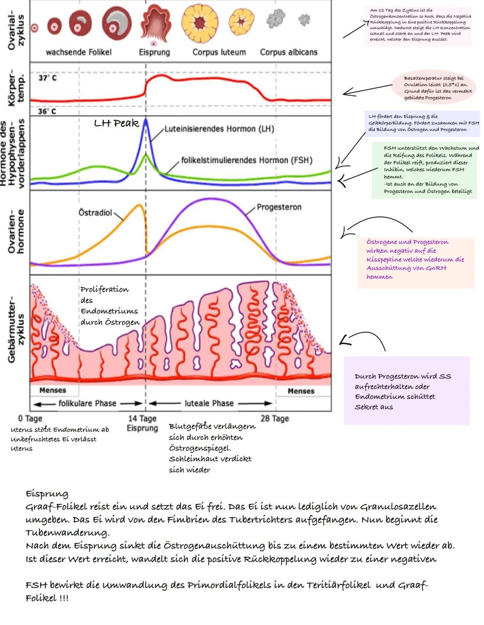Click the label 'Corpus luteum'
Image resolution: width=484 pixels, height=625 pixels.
point(219,52)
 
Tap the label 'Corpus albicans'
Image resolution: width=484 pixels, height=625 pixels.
point(289,52)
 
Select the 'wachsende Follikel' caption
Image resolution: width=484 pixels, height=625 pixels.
point(78,52)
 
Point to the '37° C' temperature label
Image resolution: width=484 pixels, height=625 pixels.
point(48,78)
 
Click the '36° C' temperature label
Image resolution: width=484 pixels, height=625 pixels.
point(47,111)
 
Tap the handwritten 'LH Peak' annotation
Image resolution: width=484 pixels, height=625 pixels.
point(116,123)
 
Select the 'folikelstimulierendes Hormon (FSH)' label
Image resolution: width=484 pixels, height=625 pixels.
point(246,160)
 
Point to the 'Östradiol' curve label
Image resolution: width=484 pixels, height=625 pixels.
point(95,213)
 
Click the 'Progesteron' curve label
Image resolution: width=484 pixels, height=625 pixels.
point(279,207)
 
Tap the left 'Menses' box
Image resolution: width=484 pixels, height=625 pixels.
point(52,390)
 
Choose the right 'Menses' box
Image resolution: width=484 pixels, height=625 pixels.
point(301,391)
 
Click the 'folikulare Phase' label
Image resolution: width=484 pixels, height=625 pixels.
point(87,403)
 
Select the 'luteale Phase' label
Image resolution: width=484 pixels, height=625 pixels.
point(209,403)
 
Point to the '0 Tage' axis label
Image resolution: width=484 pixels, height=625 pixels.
point(30,418)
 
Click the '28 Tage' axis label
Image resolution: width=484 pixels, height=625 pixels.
point(275,418)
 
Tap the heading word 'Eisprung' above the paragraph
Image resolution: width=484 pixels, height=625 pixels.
point(47,494)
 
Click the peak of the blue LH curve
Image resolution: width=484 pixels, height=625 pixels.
point(146,120)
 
